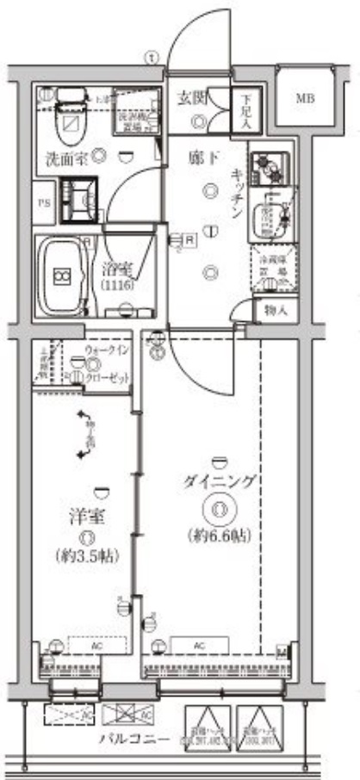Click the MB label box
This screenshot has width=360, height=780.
pyautogui.click(x=305, y=98)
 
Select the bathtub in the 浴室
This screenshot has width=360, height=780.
pyautogui.click(x=63, y=275)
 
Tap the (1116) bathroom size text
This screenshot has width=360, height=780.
pyautogui.click(x=117, y=284)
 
